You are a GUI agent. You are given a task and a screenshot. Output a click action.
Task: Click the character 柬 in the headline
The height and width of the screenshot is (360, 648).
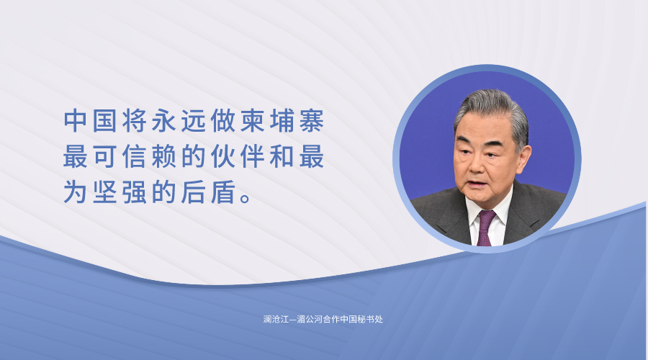pyautogui.click(x=253, y=121)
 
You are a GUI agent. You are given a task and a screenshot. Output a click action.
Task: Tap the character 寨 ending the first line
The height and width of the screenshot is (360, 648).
pyautogui.click(x=312, y=121)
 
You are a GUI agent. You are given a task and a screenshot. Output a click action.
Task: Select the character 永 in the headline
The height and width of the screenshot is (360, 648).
pyautogui.click(x=164, y=121)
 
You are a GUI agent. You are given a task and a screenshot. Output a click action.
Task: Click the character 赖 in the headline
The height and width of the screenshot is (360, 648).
pyautogui.click(x=164, y=156)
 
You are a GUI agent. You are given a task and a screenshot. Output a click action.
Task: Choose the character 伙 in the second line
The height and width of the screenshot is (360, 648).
pyautogui.click(x=223, y=156)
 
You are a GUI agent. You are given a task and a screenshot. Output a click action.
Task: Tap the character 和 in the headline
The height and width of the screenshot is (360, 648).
pyautogui.click(x=282, y=156)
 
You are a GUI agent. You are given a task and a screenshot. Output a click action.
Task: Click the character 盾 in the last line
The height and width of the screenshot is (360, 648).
pyautogui.click(x=223, y=192)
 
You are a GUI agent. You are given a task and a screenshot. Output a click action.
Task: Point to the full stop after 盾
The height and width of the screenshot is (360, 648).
pyautogui.click(x=246, y=199)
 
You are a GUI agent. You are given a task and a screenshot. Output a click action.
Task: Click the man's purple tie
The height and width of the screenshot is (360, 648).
pyautogui.click(x=485, y=228)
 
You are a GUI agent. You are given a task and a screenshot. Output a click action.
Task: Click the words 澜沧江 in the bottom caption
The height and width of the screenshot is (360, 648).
pyautogui.click(x=276, y=319)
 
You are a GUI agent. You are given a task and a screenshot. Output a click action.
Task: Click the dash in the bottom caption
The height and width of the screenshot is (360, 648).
pyautogui.click(x=292, y=320)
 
